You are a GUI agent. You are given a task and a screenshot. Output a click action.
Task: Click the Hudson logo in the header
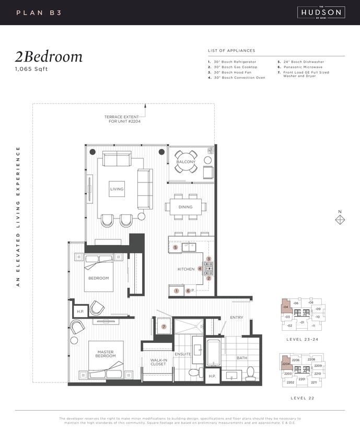click(320, 12)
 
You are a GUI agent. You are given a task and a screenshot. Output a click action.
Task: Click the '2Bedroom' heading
click(49, 57)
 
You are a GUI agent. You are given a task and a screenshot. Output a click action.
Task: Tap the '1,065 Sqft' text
click(31, 69)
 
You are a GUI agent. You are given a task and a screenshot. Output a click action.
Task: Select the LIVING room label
click(117, 189)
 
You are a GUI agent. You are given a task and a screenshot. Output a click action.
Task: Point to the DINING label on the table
click(185, 207)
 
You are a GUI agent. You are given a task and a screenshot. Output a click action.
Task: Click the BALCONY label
click(185, 162)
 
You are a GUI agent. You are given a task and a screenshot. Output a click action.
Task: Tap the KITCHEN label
click(185, 269)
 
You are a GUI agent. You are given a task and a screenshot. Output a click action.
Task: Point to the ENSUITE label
click(183, 354)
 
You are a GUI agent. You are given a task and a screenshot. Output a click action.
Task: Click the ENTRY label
click(237, 318)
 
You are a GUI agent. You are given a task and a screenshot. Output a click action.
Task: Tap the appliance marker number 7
click(164, 327)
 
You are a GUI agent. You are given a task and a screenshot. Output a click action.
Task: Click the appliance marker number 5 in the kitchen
click(176, 247)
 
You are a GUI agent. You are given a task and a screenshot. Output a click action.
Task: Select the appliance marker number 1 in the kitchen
click(177, 291)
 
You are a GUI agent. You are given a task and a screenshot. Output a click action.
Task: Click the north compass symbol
click(340, 219)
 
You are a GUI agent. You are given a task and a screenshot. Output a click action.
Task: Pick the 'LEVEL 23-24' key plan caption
click(301, 339)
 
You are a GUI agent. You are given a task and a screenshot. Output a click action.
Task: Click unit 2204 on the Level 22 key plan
click(286, 364)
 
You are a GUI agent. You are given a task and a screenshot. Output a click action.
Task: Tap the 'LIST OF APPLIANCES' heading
click(231, 51)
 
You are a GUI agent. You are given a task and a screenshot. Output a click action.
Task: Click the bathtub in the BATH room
click(214, 353)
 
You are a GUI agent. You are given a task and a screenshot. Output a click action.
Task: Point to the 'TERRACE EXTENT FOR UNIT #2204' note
click(122, 119)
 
